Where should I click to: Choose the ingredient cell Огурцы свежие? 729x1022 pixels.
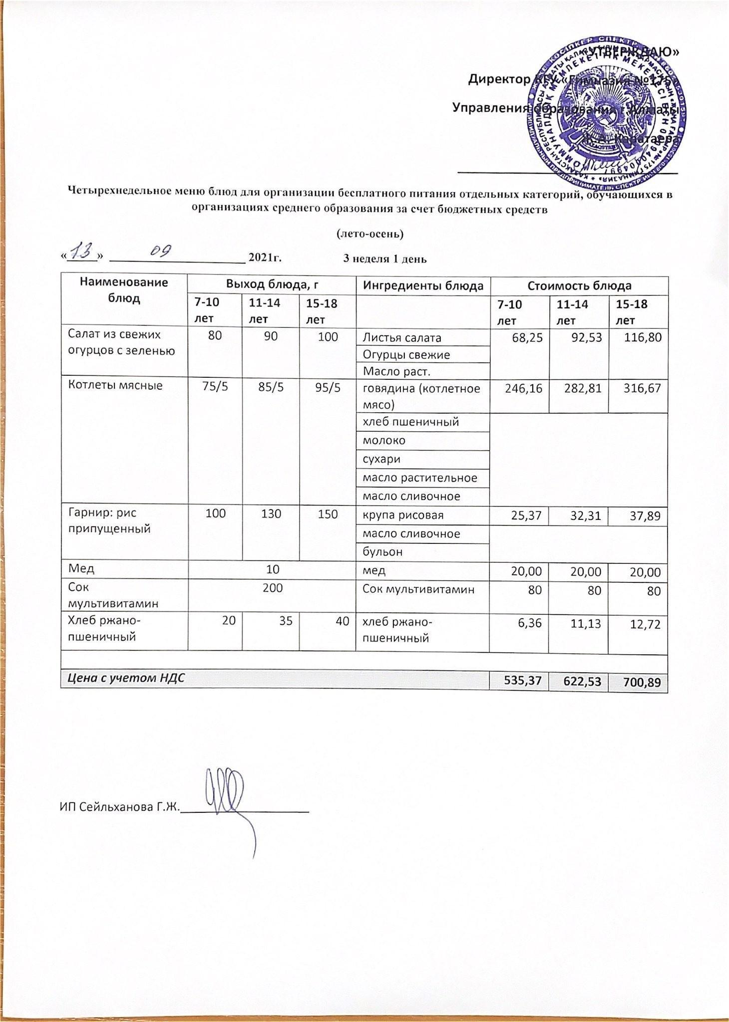(x=406, y=355)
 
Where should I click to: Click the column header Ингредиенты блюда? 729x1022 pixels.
(x=423, y=286)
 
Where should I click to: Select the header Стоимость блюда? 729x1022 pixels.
(x=579, y=286)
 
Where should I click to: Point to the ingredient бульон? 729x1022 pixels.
(x=383, y=552)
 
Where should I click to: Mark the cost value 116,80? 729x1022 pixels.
(x=643, y=338)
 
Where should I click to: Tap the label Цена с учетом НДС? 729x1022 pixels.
(x=123, y=678)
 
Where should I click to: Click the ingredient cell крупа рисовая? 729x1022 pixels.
(x=403, y=515)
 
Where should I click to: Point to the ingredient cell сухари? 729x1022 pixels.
(x=381, y=459)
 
